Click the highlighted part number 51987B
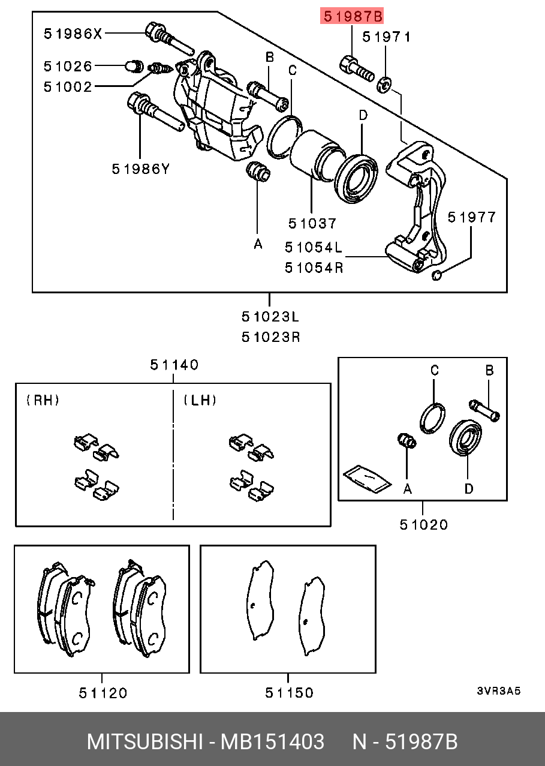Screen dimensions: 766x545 click(x=352, y=16)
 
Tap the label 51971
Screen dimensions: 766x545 click(x=387, y=37)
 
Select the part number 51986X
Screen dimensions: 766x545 click(x=73, y=34)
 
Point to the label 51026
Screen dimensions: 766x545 click(x=68, y=65)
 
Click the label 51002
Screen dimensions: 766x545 click(x=68, y=87)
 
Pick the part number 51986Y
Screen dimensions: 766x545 click(x=141, y=169)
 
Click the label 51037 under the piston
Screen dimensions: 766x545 click(x=312, y=223)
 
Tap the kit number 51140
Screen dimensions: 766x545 click(x=174, y=365)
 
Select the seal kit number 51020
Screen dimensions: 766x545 click(x=424, y=525)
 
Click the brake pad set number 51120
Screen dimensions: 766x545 click(x=103, y=693)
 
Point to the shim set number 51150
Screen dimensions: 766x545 click(x=289, y=693)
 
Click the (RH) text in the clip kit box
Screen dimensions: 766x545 click(x=43, y=400)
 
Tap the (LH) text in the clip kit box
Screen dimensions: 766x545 click(x=200, y=400)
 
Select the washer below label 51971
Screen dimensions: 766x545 click(x=384, y=83)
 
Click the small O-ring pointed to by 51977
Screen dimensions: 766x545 click(x=437, y=275)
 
